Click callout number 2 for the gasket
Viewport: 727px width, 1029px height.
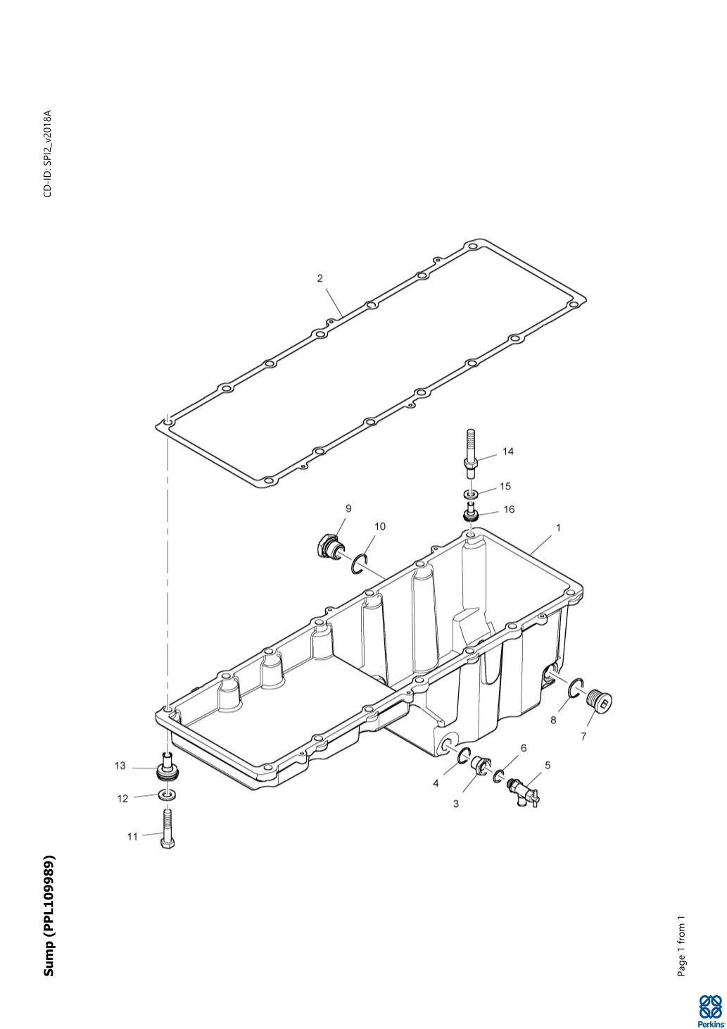click(x=320, y=278)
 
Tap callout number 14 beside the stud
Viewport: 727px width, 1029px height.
click(x=507, y=451)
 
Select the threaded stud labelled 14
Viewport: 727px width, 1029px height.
click(x=471, y=454)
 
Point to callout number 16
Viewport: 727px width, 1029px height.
click(x=509, y=509)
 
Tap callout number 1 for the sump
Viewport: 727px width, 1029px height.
click(x=558, y=529)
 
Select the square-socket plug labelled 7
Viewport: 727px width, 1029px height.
click(x=600, y=701)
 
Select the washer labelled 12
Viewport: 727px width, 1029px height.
click(x=167, y=794)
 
